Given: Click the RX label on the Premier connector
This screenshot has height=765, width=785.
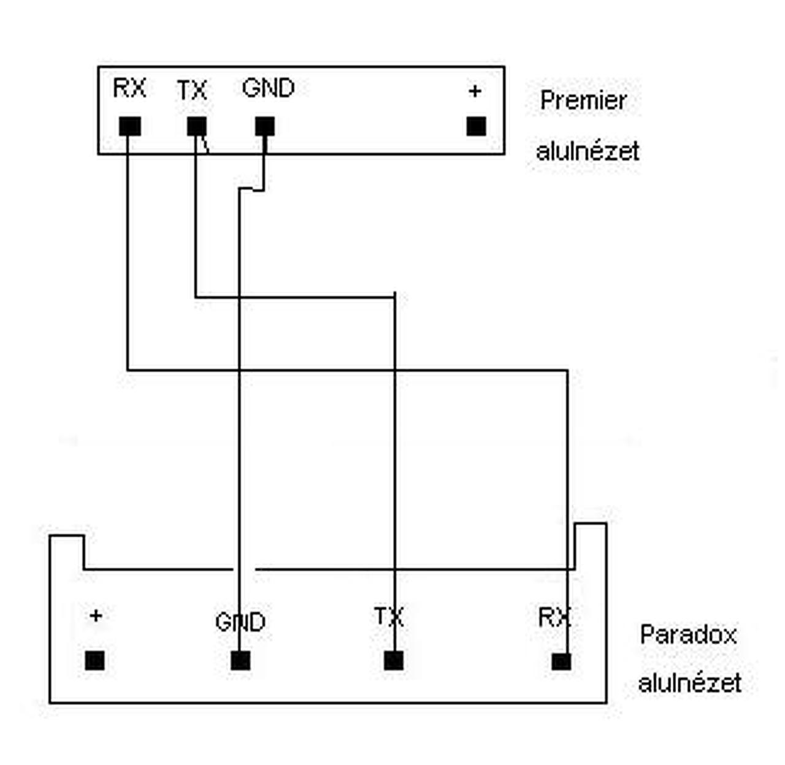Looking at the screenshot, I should click(129, 88).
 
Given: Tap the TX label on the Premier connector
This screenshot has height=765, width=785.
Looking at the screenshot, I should click(192, 91).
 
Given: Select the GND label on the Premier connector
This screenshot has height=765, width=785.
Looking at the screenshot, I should click(268, 88).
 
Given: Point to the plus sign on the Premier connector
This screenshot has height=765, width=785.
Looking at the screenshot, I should click(475, 91).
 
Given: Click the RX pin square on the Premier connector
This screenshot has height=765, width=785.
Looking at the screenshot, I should click(130, 127).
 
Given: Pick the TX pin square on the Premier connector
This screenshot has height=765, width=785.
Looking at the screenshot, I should click(197, 127).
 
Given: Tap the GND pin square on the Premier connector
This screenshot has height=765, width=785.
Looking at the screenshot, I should click(265, 127).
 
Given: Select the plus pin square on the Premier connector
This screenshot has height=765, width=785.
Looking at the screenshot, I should click(477, 126).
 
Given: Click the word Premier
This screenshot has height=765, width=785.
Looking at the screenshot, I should click(583, 101).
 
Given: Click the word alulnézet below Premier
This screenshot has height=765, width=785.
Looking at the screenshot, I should click(588, 151).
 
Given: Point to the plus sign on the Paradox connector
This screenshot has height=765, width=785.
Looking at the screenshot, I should click(95, 615).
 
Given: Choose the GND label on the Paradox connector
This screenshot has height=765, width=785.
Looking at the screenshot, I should click(240, 622).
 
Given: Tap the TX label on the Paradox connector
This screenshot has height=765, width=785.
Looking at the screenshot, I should click(389, 616).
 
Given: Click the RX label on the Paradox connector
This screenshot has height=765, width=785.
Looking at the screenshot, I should click(554, 617).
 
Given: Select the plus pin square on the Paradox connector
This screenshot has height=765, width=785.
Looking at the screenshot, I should click(94, 661).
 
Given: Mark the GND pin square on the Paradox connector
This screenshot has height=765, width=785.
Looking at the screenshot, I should click(240, 661).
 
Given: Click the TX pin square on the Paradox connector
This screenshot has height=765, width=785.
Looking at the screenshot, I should click(394, 661).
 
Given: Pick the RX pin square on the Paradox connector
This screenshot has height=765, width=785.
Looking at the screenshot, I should click(561, 661).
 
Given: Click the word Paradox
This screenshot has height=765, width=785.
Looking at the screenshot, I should click(688, 634).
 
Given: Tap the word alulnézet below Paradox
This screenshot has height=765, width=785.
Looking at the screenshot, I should click(689, 683).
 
